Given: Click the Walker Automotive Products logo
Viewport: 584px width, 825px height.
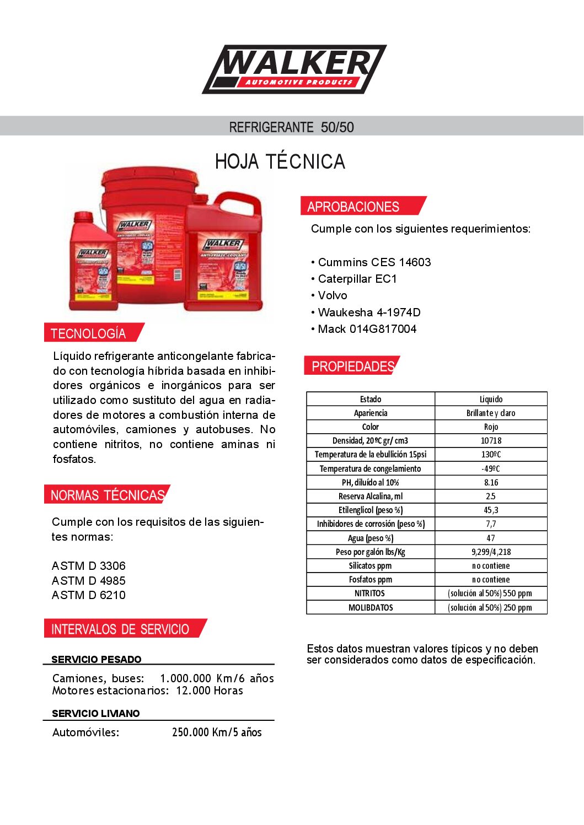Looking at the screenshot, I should pyautogui.click(x=294, y=69).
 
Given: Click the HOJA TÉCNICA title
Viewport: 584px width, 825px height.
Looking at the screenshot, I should pyautogui.click(x=280, y=161).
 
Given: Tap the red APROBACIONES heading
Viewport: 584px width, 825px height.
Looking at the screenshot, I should pyautogui.click(x=353, y=207).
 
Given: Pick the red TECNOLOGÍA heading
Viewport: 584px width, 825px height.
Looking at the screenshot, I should pyautogui.click(x=88, y=333).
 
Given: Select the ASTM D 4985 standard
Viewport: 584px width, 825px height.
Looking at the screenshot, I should pyautogui.click(x=89, y=581).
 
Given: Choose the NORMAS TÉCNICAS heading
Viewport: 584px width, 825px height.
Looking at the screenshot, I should pyautogui.click(x=108, y=495).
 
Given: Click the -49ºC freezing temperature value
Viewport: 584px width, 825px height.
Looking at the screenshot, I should pyautogui.click(x=491, y=468).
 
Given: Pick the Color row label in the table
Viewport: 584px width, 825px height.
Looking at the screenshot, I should pyautogui.click(x=371, y=427).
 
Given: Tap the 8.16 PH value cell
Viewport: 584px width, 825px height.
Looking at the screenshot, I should pyautogui.click(x=491, y=482).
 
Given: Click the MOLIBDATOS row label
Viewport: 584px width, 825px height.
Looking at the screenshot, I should pyautogui.click(x=371, y=607).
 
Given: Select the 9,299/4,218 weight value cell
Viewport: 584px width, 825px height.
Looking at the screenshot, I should pyautogui.click(x=491, y=552).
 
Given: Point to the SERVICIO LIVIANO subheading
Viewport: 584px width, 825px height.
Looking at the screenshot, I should pyautogui.click(x=96, y=714).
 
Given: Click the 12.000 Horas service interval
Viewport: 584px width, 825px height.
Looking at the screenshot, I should pyautogui.click(x=210, y=691).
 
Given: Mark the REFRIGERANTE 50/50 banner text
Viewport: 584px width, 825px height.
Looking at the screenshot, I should pyautogui.click(x=292, y=127).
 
